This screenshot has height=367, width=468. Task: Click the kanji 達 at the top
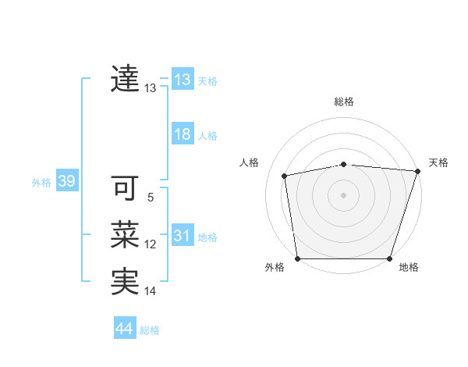[x=126, y=79]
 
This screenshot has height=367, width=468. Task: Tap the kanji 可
[x=126, y=188]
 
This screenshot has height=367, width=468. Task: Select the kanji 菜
[x=126, y=235]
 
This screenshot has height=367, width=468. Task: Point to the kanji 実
[x=126, y=282]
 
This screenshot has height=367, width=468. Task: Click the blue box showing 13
[x=183, y=80]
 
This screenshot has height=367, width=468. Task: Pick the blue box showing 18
[x=183, y=134]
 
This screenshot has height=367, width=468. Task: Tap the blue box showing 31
[x=183, y=236]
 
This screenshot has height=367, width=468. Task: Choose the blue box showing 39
[x=66, y=182]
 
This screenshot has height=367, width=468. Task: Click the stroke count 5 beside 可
[x=151, y=198]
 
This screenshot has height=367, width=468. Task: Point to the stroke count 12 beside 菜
[x=151, y=245]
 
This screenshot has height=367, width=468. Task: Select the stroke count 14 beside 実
[x=151, y=292]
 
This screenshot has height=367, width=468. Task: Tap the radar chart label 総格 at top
[x=344, y=102]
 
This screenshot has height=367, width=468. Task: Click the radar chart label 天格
[x=438, y=162]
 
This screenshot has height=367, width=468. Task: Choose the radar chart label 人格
[x=249, y=162]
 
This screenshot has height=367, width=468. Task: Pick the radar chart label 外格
[x=275, y=267]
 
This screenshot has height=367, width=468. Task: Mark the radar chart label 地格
[x=409, y=267]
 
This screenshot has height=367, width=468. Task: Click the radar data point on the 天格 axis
[x=417, y=171]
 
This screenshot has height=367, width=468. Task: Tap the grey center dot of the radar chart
[x=343, y=194]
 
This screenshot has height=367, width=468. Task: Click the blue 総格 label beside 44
[x=150, y=330]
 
